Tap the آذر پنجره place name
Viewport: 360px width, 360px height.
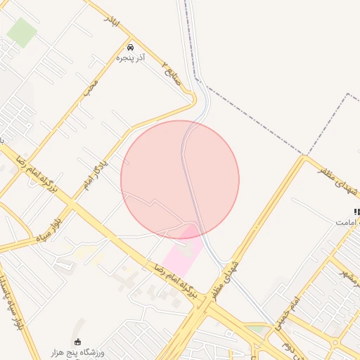(131, 56)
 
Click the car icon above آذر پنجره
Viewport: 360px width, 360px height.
(131, 44)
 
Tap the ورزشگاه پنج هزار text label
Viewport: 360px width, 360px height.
(77, 352)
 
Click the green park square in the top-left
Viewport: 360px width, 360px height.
(22, 32)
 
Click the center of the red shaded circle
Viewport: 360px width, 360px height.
(180, 179)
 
